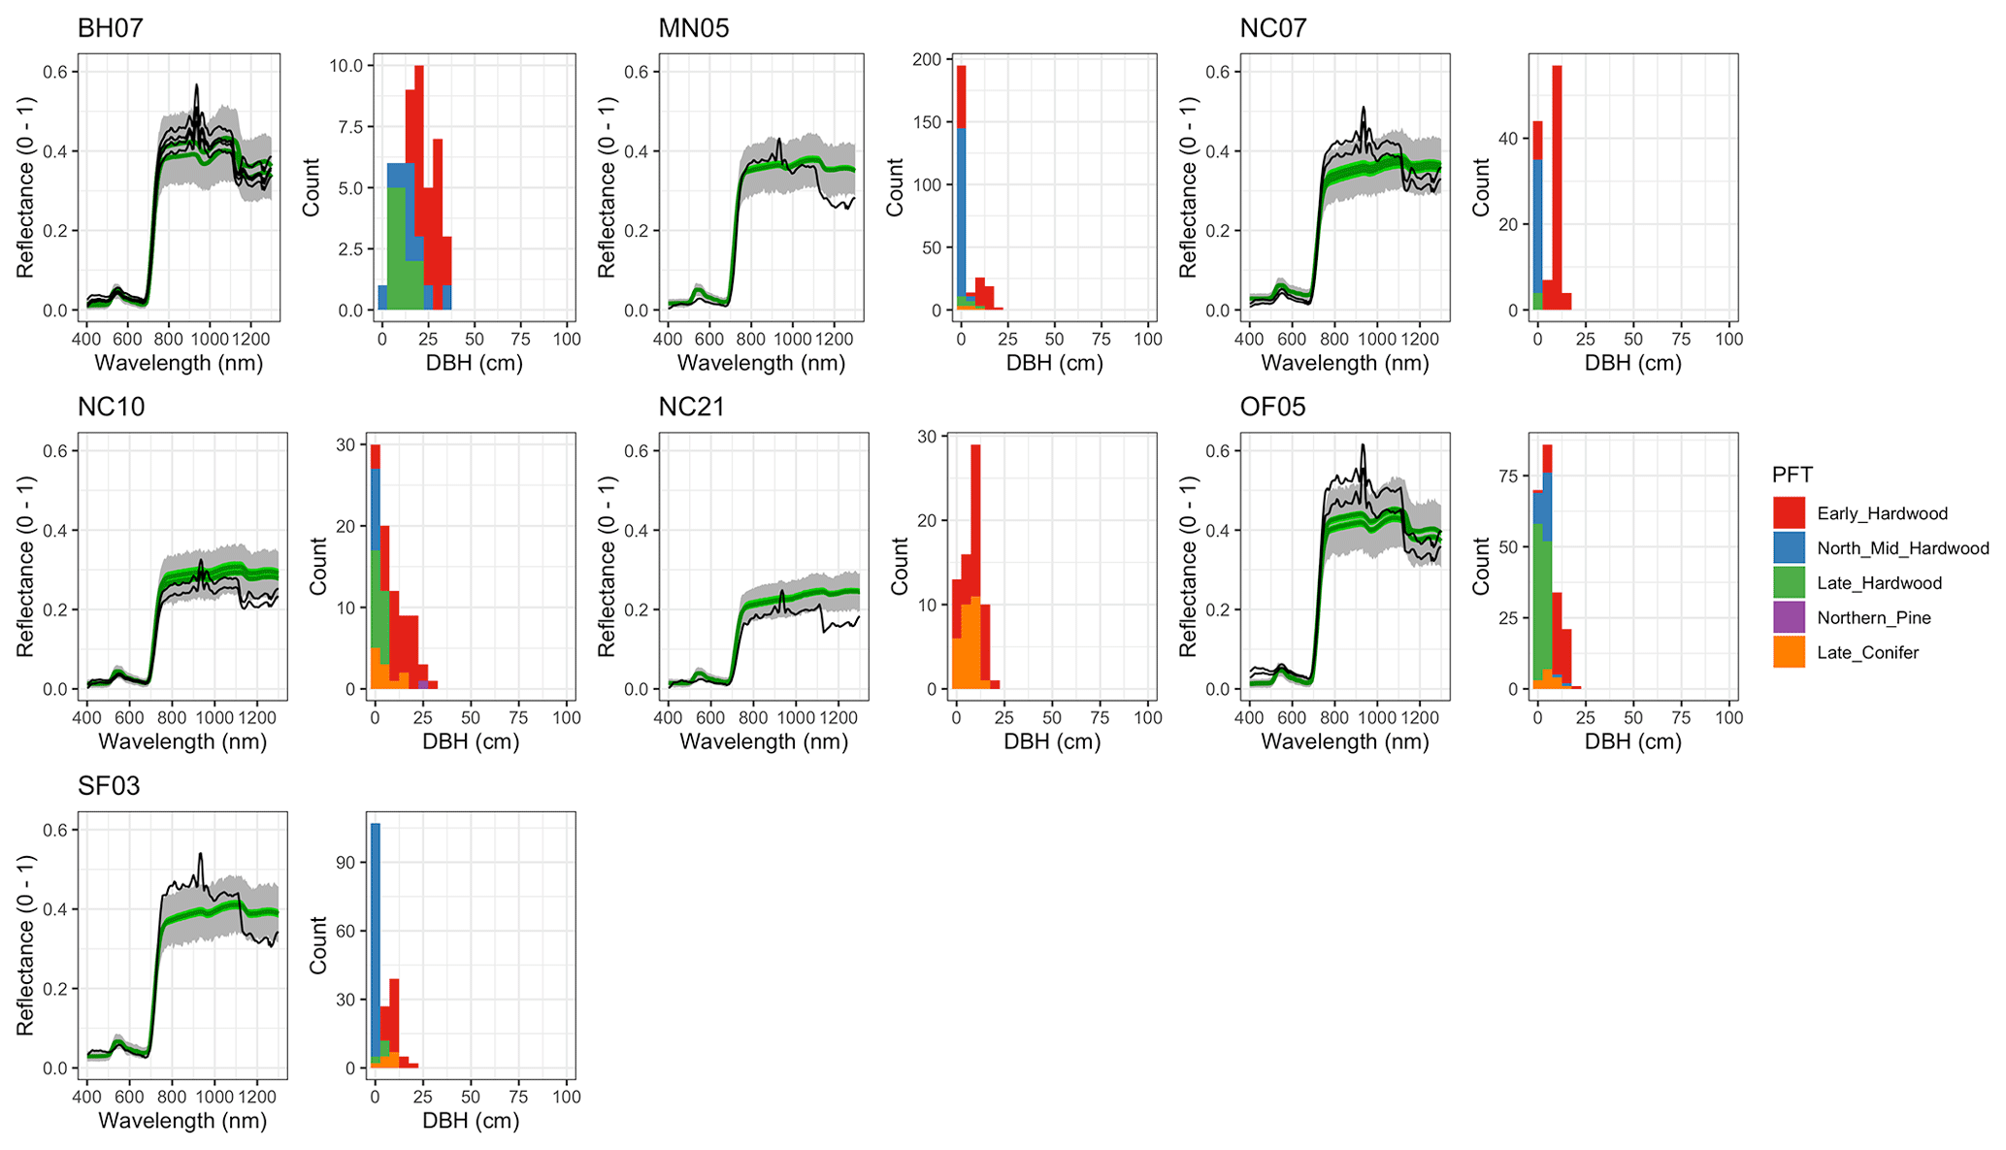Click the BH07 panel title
click(111, 28)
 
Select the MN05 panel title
click(693, 28)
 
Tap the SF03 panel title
click(109, 786)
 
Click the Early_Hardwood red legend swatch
click(1789, 513)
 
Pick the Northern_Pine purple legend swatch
click(1789, 618)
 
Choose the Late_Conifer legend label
click(1867, 653)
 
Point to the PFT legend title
click(1792, 475)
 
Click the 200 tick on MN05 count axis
click(928, 59)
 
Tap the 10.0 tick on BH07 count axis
click(346, 66)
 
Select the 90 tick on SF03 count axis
click(345, 863)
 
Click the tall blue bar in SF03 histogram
click(376, 941)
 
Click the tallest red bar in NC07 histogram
click(1557, 184)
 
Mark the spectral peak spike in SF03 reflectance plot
click(201, 854)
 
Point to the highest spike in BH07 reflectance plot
click(196, 85)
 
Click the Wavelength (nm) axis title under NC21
click(764, 742)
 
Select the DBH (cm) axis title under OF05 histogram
click(1632, 742)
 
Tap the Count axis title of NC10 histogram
click(318, 566)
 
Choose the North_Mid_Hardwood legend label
click(1902, 548)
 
